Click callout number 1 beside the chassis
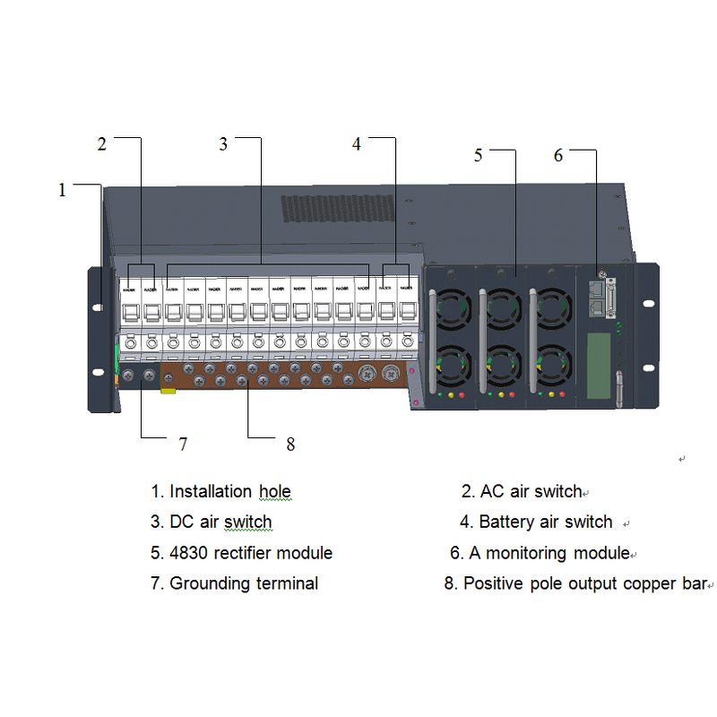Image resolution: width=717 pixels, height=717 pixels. coord(62,190)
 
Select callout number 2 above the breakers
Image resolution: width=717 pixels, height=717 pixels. coord(102,144)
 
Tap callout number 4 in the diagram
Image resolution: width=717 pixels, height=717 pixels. coord(356,144)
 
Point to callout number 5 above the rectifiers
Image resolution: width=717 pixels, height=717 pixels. coord(478,155)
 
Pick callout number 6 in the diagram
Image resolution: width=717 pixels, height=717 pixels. coord(557,155)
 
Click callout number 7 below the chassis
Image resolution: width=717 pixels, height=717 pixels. coord(183,443)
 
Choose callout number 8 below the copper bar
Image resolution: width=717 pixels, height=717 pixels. coord(289,444)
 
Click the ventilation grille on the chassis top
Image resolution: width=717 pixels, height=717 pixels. coord(338,209)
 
